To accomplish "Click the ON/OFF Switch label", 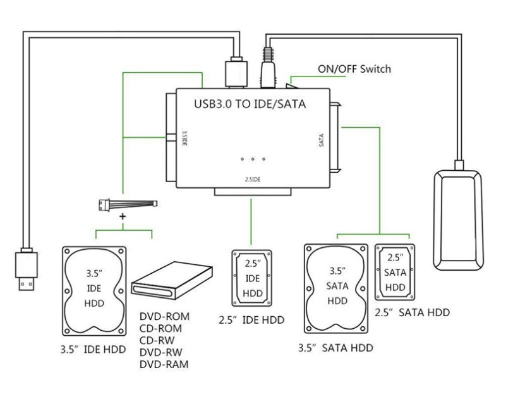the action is pyautogui.click(x=354, y=69).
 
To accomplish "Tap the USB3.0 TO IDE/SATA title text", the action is pyautogui.click(x=250, y=104).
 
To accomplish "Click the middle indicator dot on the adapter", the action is pyautogui.click(x=253, y=159).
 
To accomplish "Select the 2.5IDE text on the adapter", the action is pyautogui.click(x=253, y=180).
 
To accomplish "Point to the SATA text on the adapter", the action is pyautogui.click(x=322, y=140).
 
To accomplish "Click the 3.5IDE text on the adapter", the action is pyautogui.click(x=184, y=138).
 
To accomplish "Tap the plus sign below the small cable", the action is pyautogui.click(x=123, y=216).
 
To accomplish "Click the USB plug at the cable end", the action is pyautogui.click(x=26, y=269).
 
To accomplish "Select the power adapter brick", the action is pyautogui.click(x=458, y=220).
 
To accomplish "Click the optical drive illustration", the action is pyautogui.click(x=172, y=280).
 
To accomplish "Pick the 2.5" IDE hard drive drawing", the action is pyautogui.click(x=252, y=278).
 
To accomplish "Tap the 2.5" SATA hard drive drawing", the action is pyautogui.click(x=395, y=272).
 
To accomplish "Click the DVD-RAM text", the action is pyautogui.click(x=164, y=364).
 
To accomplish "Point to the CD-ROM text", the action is pyautogui.click(x=160, y=328).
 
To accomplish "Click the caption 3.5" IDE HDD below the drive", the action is pyautogui.click(x=94, y=349).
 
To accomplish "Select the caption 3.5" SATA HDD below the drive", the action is pyautogui.click(x=335, y=348).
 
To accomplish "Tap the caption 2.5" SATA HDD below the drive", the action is pyautogui.click(x=412, y=312).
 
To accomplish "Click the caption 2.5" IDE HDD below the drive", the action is pyautogui.click(x=251, y=320).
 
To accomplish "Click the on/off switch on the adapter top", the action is pyautogui.click(x=291, y=86).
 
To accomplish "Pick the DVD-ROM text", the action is pyautogui.click(x=164, y=317).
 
